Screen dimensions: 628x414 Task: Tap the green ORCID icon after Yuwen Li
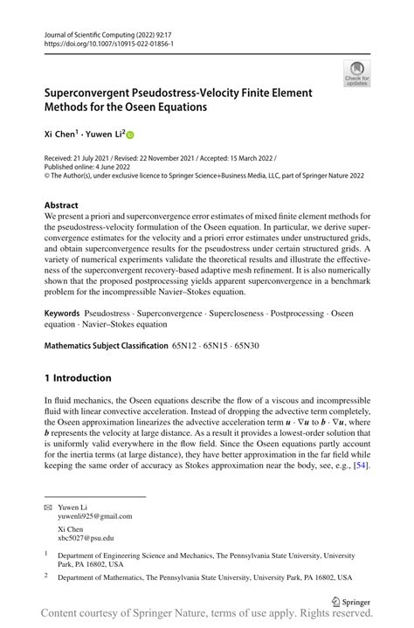click(132, 135)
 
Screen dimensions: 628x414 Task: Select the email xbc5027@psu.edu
click(87, 539)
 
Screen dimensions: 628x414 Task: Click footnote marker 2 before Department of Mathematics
click(47, 576)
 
